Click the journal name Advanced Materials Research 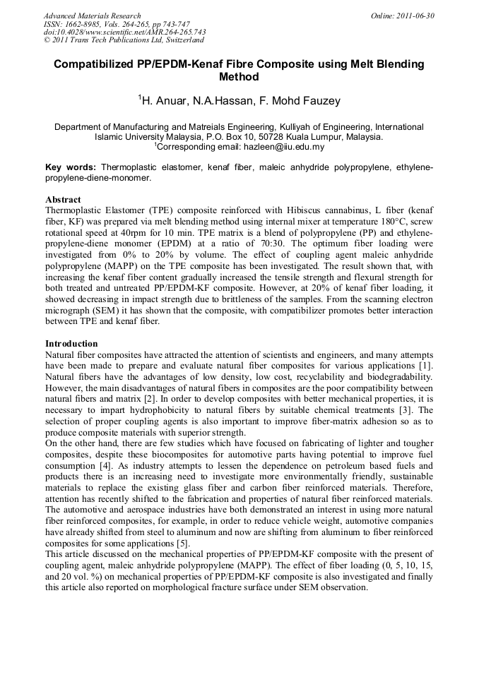click(x=92, y=16)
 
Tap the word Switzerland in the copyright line click(x=181, y=40)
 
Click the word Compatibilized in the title click(x=96, y=64)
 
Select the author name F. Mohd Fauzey click(x=305, y=101)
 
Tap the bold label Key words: click(x=71, y=167)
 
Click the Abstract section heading click(x=63, y=200)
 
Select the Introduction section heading click(x=71, y=344)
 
